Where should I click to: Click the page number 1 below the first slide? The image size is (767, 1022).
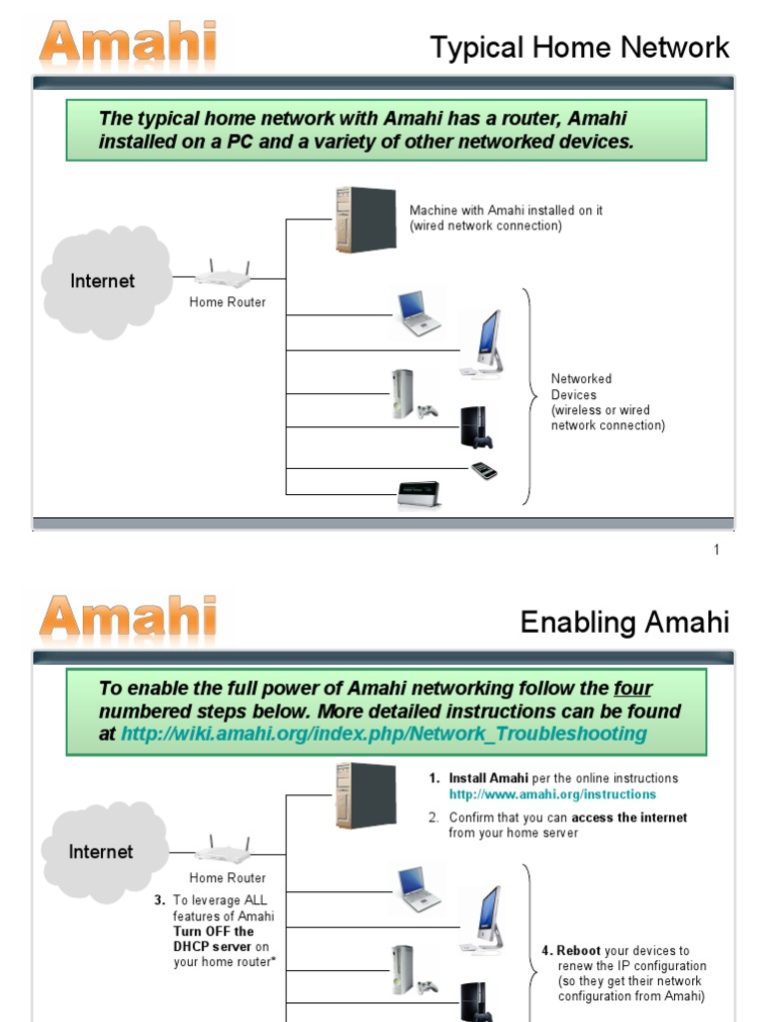[x=716, y=550]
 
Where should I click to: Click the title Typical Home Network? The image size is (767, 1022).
[x=579, y=47]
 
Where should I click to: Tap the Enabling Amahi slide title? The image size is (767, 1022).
[x=624, y=623]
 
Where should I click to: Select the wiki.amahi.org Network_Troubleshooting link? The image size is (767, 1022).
[x=383, y=734]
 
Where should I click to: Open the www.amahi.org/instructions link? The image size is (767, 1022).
[x=552, y=794]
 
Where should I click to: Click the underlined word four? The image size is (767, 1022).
[x=632, y=689]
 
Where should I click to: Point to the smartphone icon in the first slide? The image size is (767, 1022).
[x=484, y=470]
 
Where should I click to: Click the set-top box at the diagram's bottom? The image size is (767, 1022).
[x=418, y=494]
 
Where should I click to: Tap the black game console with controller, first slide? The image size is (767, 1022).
[x=475, y=427]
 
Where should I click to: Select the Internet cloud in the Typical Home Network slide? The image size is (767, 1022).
[x=103, y=281]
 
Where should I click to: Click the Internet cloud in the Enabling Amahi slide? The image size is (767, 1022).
[x=101, y=852]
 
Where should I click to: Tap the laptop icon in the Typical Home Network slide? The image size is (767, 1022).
[x=417, y=312]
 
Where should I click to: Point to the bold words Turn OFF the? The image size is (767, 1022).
[x=213, y=931]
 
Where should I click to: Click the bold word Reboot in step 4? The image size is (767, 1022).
[x=579, y=951]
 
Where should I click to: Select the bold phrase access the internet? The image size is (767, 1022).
[x=629, y=817]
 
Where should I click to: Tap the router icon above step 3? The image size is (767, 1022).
[x=222, y=849]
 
